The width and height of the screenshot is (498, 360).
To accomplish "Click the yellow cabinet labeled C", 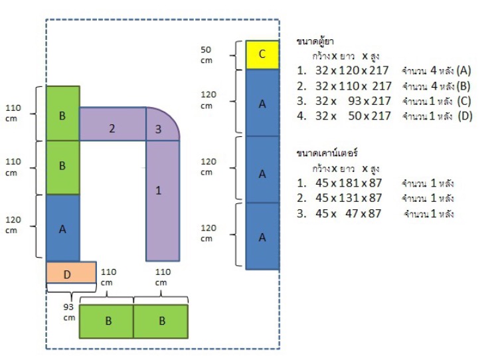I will tap(262, 54).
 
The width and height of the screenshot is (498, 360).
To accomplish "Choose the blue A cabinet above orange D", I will tap(62, 228).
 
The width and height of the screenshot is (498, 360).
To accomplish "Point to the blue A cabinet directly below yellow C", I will tap(262, 103).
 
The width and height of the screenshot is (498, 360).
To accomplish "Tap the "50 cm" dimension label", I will tap(207, 54).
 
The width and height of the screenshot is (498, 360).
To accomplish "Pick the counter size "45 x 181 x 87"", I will tap(349, 183).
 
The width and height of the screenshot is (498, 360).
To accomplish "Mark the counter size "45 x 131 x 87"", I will tap(349, 198).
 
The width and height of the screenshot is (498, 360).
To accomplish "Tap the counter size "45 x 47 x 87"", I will tap(349, 213).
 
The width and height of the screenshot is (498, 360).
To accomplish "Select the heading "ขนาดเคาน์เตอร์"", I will tap(326, 153).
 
